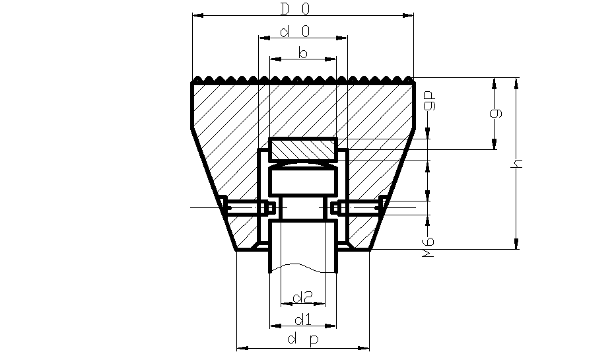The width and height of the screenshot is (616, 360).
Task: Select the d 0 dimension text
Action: click(295, 32)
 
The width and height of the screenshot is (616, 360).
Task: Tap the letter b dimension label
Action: click(302, 54)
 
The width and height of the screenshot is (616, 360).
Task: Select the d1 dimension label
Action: click(302, 320)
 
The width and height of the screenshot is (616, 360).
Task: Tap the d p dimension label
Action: click(302, 340)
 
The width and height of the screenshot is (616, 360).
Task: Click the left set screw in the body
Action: click(250, 208)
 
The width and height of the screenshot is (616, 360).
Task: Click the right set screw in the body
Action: click(357, 208)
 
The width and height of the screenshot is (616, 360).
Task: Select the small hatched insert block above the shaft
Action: click(303, 149)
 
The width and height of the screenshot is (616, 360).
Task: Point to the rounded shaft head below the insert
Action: click(303, 180)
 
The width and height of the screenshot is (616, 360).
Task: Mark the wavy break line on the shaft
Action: click(303, 270)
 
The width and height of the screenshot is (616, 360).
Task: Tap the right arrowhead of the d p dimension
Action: click(364, 347)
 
